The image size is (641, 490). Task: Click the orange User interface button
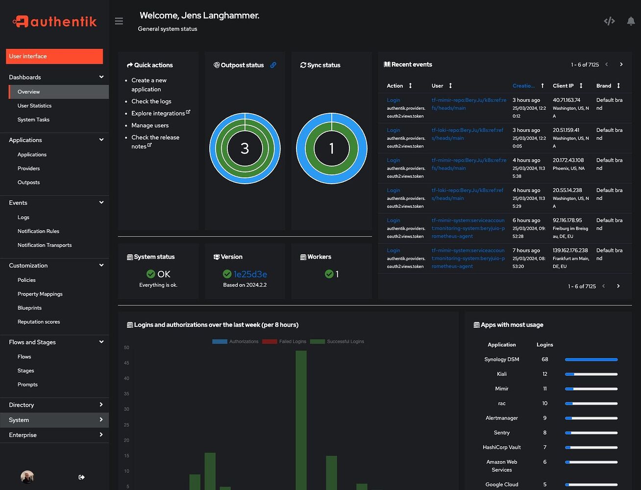tap(54, 56)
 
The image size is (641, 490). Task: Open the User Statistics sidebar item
tap(34, 106)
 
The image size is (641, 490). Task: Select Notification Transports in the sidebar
tap(45, 245)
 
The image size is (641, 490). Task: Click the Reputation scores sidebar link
tap(39, 322)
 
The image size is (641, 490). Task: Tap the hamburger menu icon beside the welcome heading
tap(119, 21)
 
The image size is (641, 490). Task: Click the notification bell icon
tap(631, 21)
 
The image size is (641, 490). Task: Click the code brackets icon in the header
tap(609, 21)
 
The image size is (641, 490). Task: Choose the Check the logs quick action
tap(151, 101)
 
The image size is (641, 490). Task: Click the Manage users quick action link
tap(150, 125)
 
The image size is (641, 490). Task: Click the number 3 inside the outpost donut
tap(245, 148)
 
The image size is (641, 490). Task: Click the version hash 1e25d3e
tap(250, 274)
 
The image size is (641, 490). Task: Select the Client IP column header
tap(563, 86)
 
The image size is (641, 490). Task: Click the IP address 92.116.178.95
tap(567, 220)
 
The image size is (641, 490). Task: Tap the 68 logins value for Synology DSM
tap(544, 360)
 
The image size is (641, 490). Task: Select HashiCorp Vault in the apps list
tap(501, 447)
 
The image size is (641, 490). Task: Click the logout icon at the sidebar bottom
tap(81, 477)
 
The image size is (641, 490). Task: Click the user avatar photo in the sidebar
tap(27, 477)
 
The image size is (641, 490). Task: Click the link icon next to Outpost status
tap(273, 65)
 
